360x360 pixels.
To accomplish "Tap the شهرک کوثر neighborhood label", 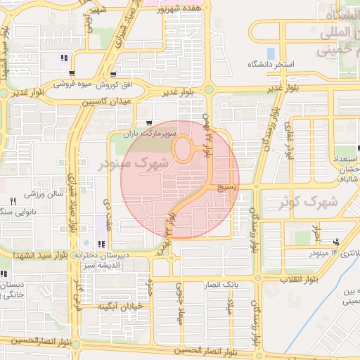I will [x=308, y=202].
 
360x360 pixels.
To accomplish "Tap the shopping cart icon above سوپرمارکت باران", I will [x=148, y=123].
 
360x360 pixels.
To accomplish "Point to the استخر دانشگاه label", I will [x=270, y=64].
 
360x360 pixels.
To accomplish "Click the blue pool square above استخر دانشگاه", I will [x=271, y=53].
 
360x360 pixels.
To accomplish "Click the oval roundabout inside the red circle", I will [x=185, y=148].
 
